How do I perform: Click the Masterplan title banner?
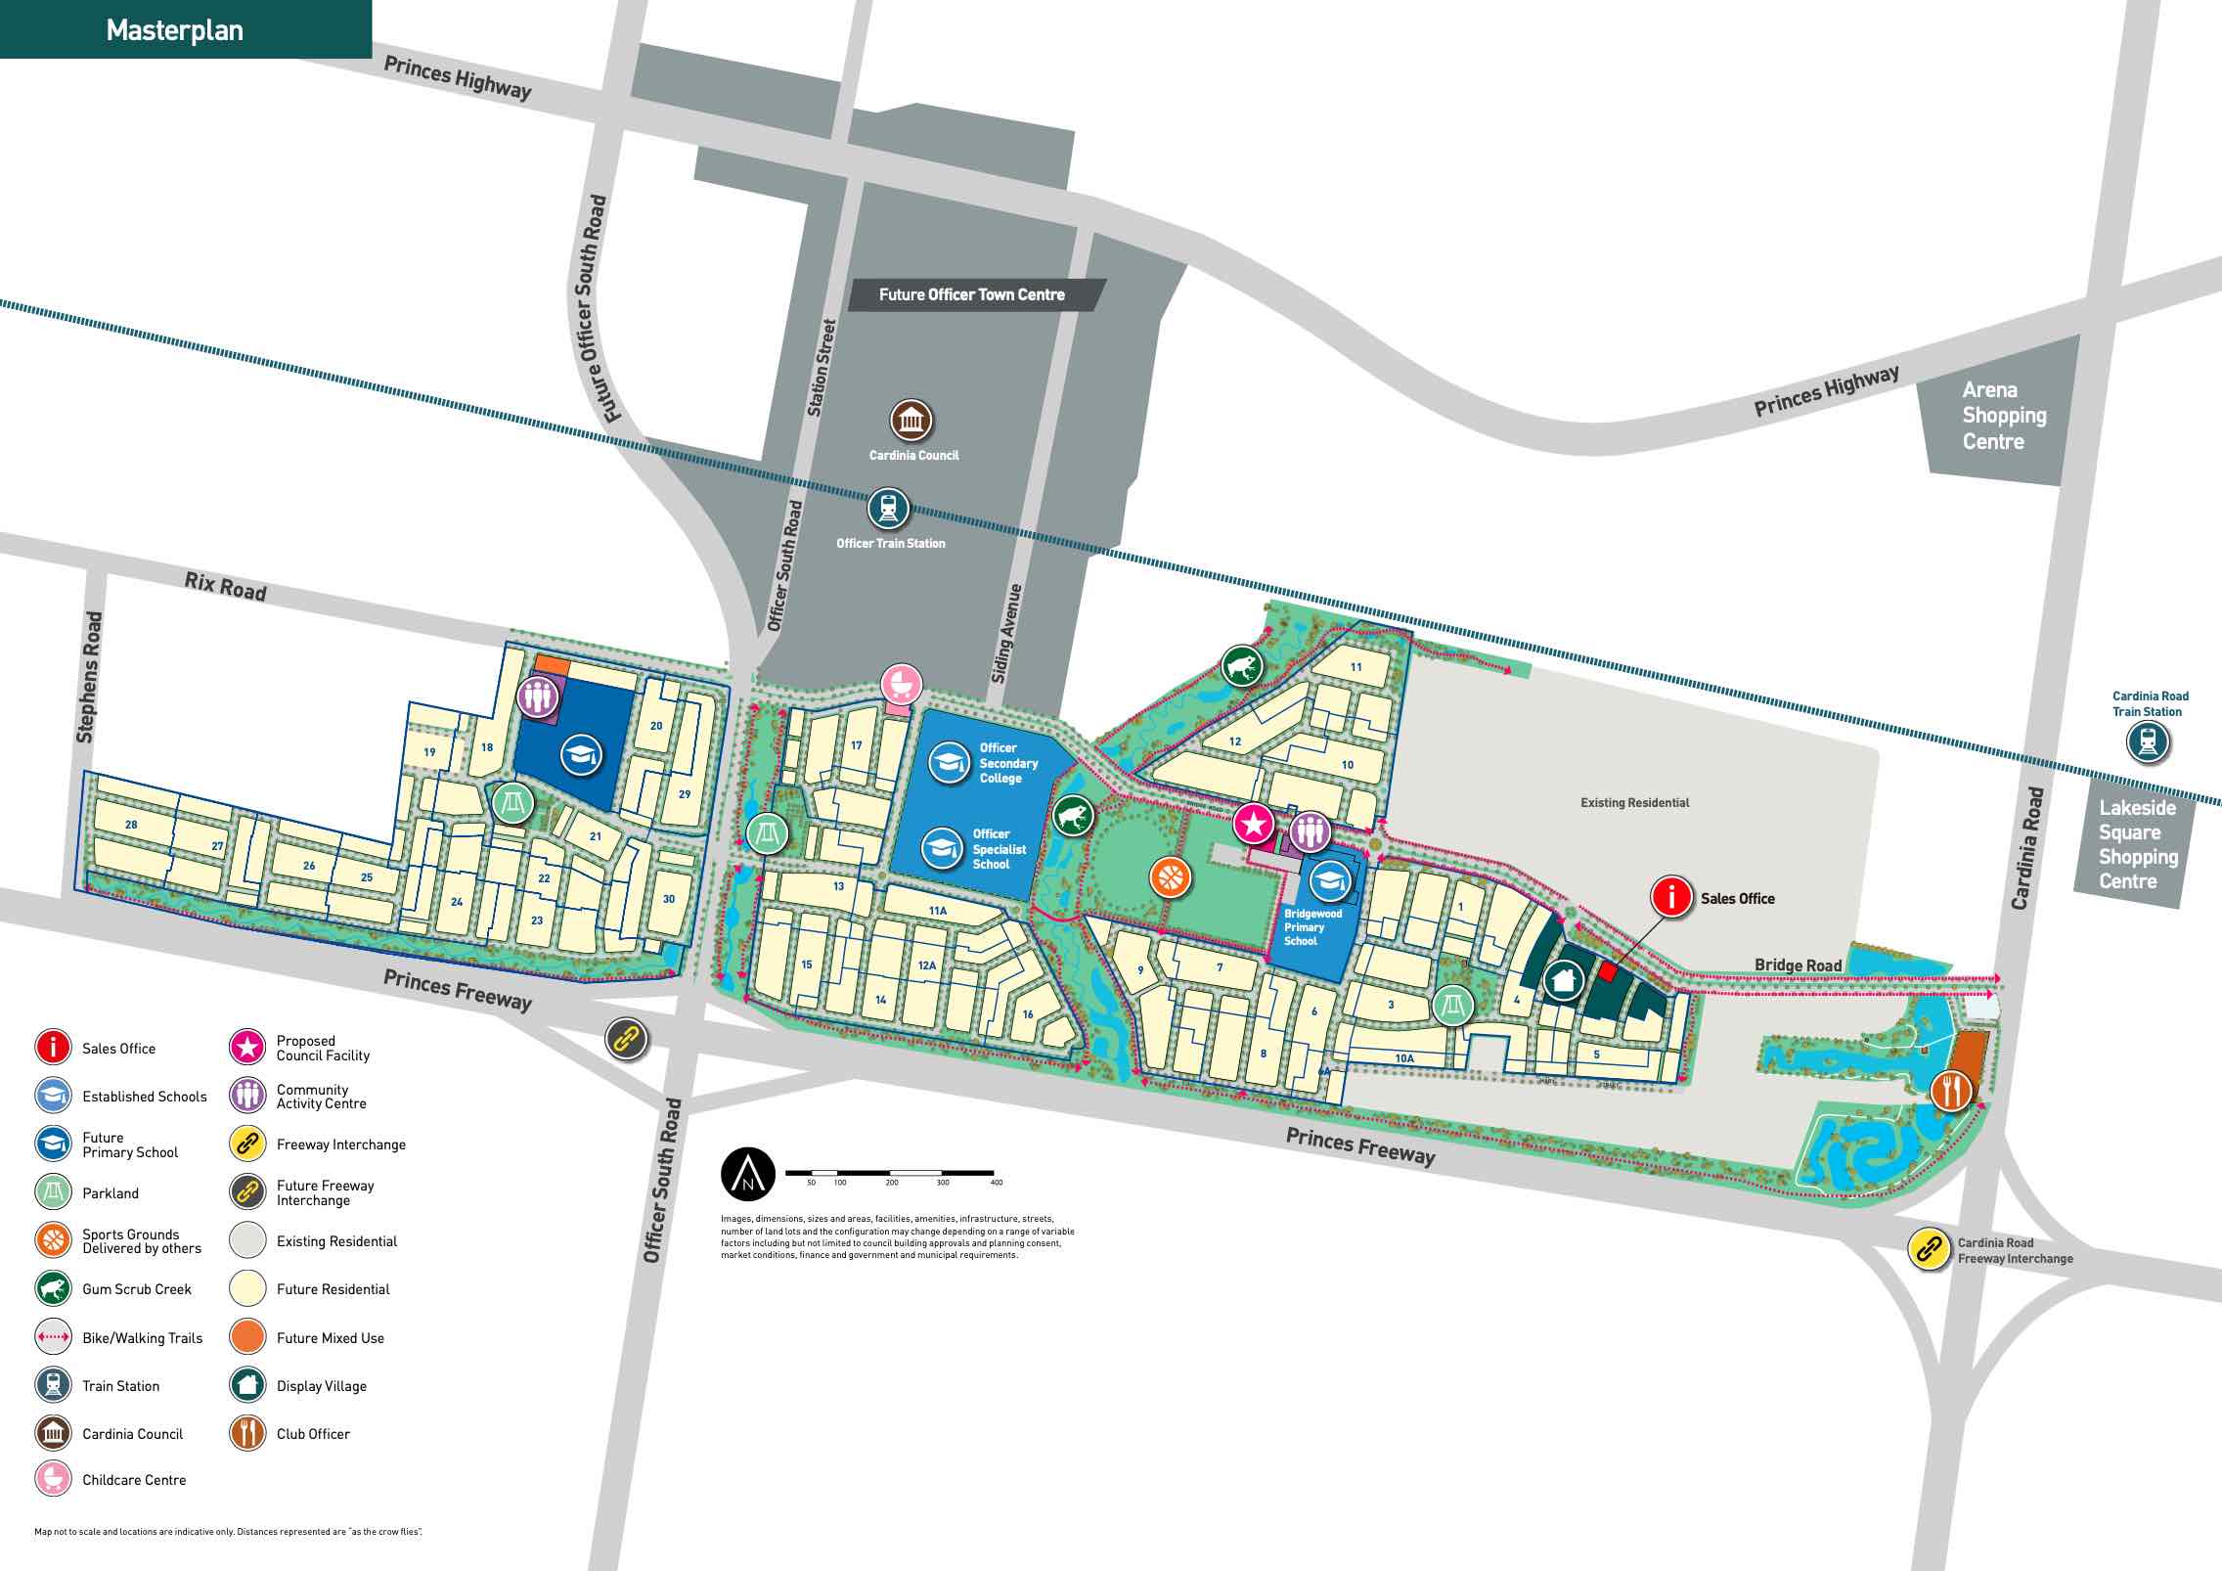click(x=176, y=30)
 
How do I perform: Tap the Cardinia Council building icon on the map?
click(x=911, y=421)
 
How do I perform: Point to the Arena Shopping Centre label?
click(x=2003, y=416)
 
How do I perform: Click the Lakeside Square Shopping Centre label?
click(x=2137, y=844)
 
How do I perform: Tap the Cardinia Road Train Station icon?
click(x=2148, y=741)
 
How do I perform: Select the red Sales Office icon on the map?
click(x=1671, y=897)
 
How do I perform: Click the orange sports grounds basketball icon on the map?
click(x=1171, y=877)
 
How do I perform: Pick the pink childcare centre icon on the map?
click(x=902, y=684)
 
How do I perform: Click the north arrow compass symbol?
click(x=748, y=1174)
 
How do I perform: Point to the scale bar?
click(x=890, y=1173)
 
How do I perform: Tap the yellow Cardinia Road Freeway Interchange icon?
click(x=1929, y=1249)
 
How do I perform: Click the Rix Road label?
click(x=225, y=587)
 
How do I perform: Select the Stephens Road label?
click(x=88, y=677)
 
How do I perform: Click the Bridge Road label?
click(x=1798, y=965)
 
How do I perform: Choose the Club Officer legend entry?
click(x=312, y=1434)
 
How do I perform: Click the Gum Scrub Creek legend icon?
click(x=53, y=1288)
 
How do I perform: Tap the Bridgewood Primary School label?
click(x=1311, y=927)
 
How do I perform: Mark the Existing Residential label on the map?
click(x=1634, y=803)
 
